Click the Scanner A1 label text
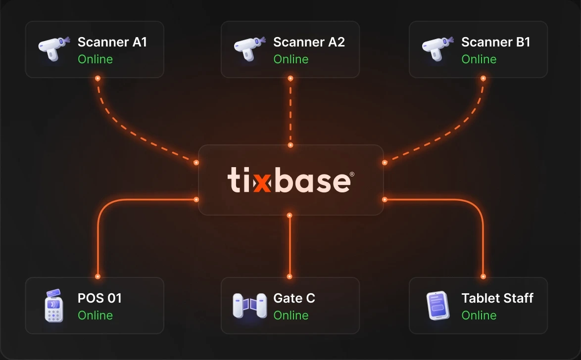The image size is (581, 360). [x=112, y=42]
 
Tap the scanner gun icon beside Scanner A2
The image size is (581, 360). [x=249, y=48]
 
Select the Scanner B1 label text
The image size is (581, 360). [x=496, y=42]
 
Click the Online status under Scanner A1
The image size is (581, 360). [x=95, y=59]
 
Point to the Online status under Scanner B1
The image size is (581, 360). [x=479, y=59]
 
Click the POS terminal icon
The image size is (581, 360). [x=54, y=306]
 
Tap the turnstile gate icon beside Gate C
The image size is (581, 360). [x=250, y=306]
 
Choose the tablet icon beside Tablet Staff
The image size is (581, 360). [x=438, y=306]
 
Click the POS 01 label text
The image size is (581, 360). [x=99, y=298]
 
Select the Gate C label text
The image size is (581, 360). [x=294, y=298]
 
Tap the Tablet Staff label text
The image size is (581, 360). [x=497, y=298]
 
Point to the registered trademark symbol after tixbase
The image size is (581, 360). [x=352, y=174]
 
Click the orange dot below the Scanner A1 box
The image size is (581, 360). [x=98, y=79]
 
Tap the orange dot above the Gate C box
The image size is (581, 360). [x=290, y=276]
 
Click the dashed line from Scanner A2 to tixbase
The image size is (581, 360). [x=290, y=112]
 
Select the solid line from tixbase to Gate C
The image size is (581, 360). [x=290, y=246]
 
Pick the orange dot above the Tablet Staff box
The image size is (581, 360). [x=483, y=276]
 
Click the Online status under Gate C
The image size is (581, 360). [x=291, y=315]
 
